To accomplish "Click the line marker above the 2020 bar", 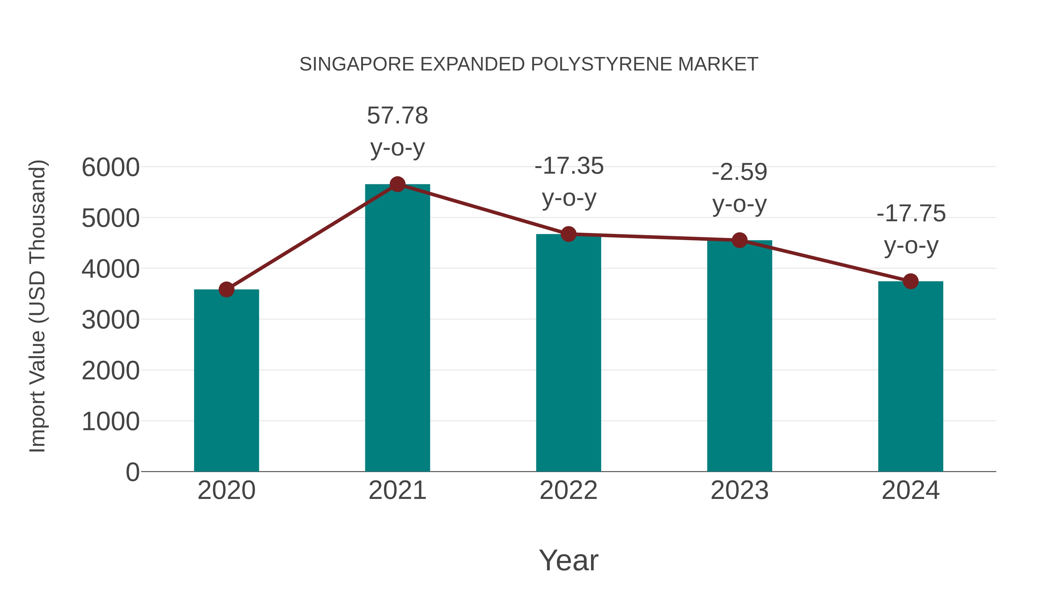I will click(x=226, y=289).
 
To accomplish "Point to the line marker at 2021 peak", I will click(x=397, y=184).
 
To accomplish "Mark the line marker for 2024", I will click(x=910, y=281).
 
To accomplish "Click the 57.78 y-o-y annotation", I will click(x=397, y=131).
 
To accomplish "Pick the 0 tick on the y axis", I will click(x=132, y=472).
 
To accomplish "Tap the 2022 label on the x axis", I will click(x=568, y=490).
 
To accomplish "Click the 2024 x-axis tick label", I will click(x=910, y=490).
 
